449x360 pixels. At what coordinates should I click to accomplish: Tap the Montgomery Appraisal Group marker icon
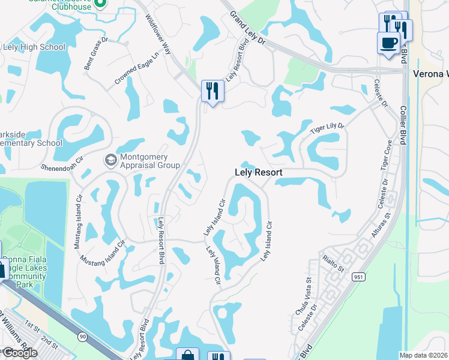point(110,160)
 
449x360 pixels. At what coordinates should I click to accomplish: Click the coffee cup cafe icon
point(388,42)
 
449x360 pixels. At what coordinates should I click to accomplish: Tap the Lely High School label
point(34,47)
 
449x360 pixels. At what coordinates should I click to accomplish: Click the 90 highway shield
point(80,338)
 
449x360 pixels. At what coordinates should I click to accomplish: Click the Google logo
point(20,353)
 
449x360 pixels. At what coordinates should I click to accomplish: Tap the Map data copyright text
point(424,355)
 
